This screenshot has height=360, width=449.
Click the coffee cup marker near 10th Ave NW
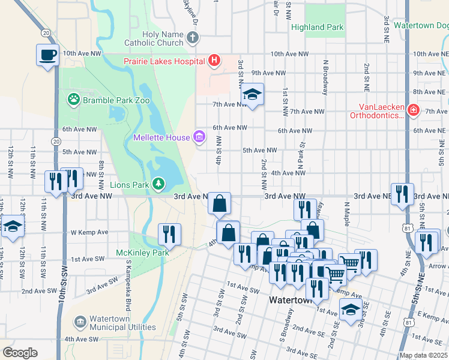[47, 55]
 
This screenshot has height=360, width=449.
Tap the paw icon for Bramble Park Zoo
[74, 99]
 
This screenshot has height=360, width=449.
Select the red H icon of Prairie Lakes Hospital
[214, 60]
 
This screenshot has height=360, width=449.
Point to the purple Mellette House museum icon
[199, 137]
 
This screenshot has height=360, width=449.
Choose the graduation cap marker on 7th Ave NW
[253, 95]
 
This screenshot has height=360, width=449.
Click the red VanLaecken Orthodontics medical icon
[412, 110]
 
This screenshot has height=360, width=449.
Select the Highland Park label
[317, 27]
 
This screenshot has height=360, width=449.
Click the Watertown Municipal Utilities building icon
[80, 323]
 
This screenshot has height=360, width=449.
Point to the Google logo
[20, 353]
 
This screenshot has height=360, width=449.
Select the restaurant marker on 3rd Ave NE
[402, 194]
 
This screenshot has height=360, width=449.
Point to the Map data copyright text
[423, 355]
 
